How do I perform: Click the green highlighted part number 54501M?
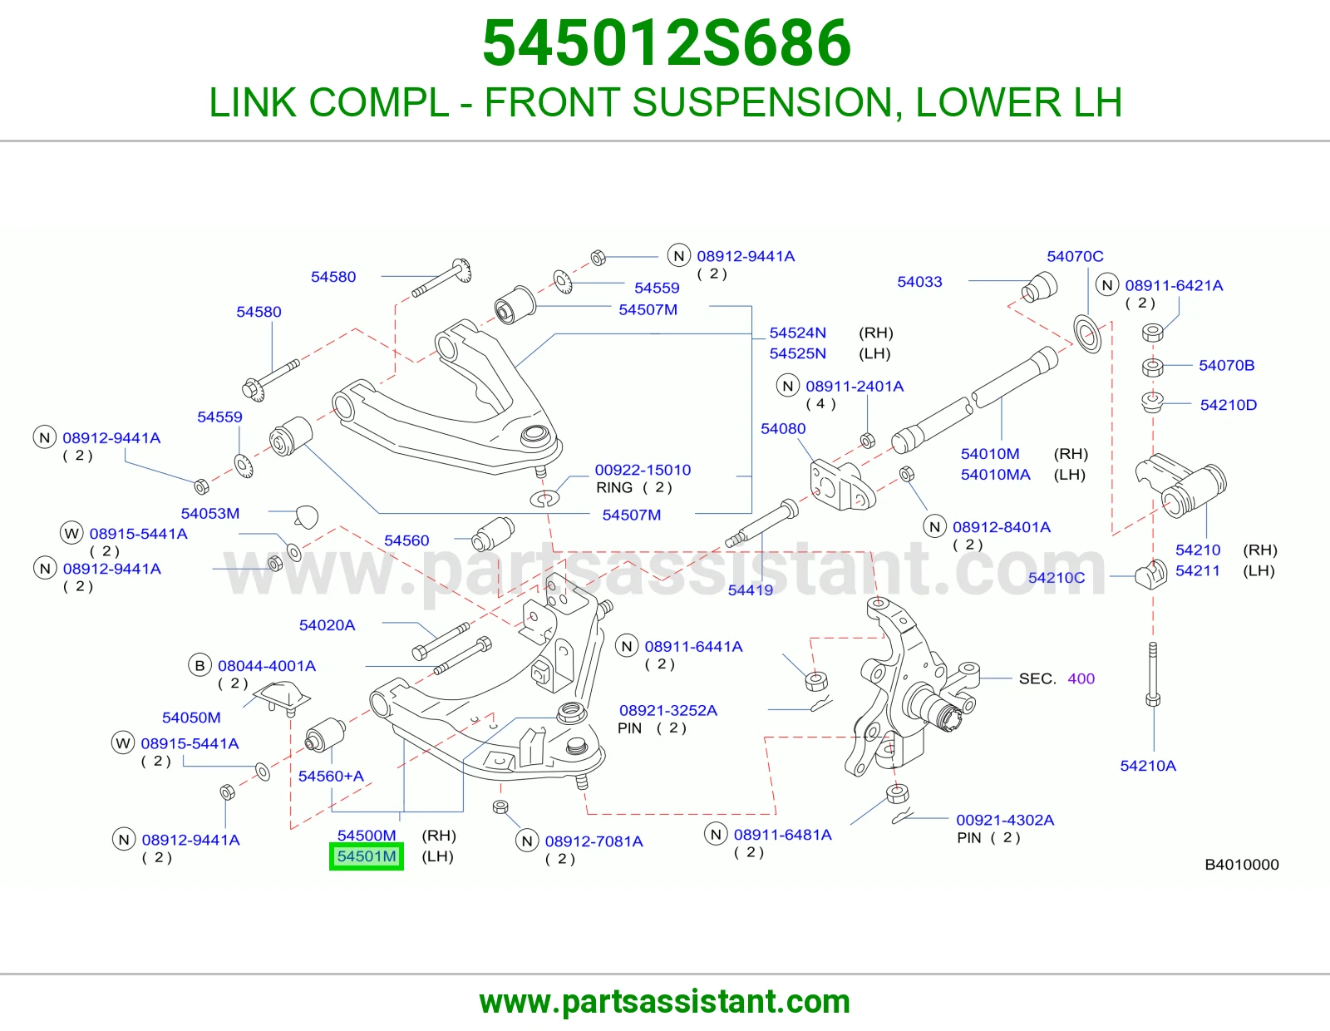[x=366, y=856]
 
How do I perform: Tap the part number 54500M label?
[x=367, y=835]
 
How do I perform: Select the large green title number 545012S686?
[x=667, y=43]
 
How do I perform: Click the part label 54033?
[x=919, y=282]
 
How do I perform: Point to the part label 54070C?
[x=1075, y=256]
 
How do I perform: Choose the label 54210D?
[x=1228, y=405]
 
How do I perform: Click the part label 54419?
[x=751, y=589]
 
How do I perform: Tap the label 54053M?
[x=210, y=513]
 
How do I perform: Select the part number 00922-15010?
[x=643, y=470]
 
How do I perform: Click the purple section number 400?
[x=1081, y=678]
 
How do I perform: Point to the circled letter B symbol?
[x=199, y=665]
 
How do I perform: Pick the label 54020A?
[x=327, y=624]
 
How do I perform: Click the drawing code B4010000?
[x=1242, y=864]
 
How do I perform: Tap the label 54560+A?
[x=331, y=776]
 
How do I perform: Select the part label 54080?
[x=783, y=428]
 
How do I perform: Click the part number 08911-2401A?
[x=855, y=386]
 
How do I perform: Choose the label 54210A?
[x=1148, y=765]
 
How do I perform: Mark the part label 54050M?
[x=191, y=717]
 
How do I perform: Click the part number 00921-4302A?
[x=1005, y=820]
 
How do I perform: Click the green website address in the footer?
[x=665, y=1002]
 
